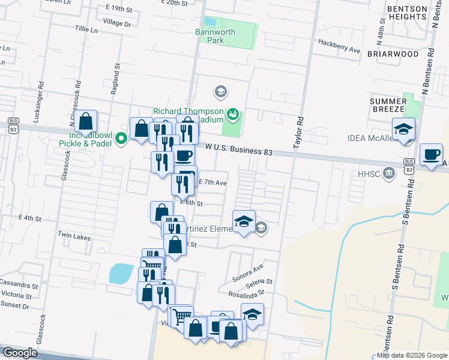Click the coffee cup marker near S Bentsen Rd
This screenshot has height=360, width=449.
(430, 155)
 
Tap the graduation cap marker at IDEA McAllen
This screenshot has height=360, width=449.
(403, 129)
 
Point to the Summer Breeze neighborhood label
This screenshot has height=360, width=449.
(388, 106)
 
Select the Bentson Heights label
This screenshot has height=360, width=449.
(406, 13)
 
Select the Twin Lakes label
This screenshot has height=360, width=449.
(74, 237)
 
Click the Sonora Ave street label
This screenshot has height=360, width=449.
(247, 274)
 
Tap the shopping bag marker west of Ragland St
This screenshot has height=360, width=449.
(86, 121)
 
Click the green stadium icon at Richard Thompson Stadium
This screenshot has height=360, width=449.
(233, 112)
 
